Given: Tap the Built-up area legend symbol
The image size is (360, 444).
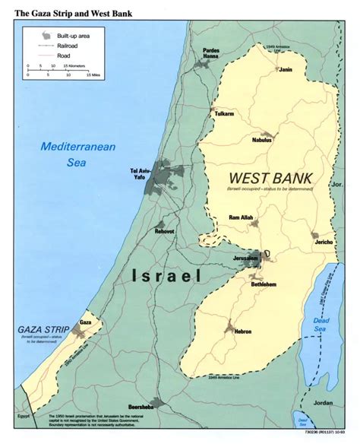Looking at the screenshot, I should click(48, 34).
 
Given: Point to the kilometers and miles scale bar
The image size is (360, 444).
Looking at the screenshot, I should click(59, 70).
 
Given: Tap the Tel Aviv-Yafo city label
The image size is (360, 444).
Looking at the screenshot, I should click(142, 173).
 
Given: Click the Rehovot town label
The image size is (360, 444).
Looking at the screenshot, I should click(165, 230).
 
